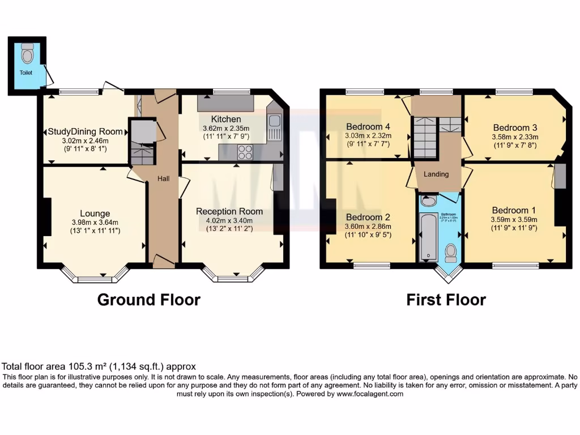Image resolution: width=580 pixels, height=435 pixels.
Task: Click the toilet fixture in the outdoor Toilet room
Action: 27,55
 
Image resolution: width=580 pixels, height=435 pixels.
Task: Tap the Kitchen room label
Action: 227,120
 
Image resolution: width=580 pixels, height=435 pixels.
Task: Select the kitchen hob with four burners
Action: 245,152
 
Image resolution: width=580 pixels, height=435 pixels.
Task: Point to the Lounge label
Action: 95,214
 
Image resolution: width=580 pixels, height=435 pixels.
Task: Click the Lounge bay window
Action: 95,278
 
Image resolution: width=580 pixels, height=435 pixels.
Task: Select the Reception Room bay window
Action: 233,278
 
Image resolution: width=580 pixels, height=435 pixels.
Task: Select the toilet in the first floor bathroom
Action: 451,251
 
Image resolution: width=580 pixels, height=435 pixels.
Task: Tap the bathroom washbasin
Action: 429,201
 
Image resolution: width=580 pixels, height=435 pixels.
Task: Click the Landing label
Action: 436,174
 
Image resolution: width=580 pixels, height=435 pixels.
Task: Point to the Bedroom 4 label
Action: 368,126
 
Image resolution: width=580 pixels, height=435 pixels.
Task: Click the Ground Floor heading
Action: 148,300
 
